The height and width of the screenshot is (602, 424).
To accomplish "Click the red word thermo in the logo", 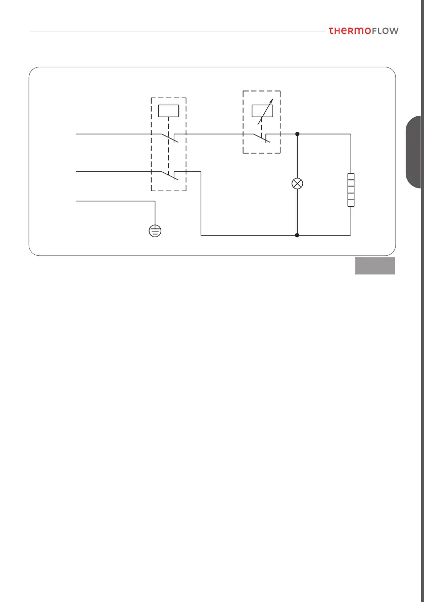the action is [349, 31].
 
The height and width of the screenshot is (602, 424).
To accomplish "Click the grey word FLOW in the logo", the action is [385, 31].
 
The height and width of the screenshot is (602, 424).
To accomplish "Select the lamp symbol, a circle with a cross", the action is [297, 184].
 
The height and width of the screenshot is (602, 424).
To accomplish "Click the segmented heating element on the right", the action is [351, 190].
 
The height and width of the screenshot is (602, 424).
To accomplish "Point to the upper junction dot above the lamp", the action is [297, 134].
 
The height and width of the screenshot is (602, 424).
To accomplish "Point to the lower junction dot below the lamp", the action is [297, 235].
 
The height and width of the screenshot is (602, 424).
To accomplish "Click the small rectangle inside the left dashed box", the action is [168, 110].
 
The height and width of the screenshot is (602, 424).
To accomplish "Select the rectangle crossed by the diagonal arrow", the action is [261, 110].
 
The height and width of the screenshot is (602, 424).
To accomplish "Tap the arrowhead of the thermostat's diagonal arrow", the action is [271, 101].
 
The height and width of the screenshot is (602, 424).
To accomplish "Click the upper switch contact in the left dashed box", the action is [169, 138].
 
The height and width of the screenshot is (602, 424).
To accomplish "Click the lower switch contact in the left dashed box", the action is [169, 176].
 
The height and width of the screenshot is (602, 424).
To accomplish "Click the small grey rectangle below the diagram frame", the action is [374, 266].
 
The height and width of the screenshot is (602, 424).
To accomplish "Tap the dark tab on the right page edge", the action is [415, 152].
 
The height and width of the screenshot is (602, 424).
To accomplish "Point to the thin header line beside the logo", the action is [177, 31].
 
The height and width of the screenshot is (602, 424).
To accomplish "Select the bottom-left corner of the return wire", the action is [202, 235].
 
